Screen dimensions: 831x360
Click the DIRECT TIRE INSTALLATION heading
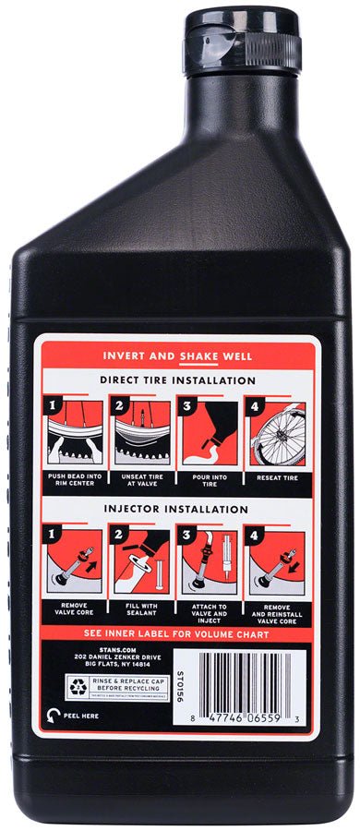(177, 380)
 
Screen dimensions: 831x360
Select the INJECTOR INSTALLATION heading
(177, 509)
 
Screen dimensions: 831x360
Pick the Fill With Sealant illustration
(146, 560)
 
